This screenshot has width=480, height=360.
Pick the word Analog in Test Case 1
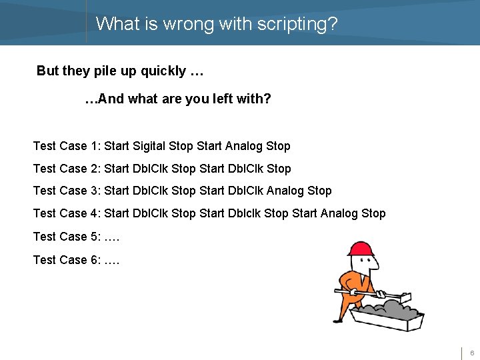(x=244, y=146)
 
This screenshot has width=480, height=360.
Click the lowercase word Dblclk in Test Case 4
(x=244, y=213)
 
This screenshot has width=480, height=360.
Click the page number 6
(x=472, y=353)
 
